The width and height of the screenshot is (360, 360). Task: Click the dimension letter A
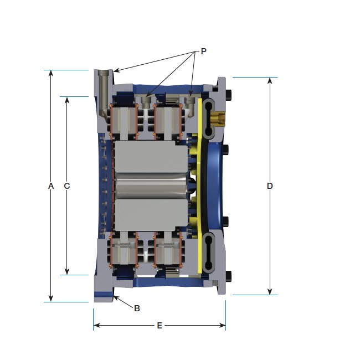coord(51,186)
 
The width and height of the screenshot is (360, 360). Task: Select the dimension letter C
coord(67,186)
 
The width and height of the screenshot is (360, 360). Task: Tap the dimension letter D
coord(270,186)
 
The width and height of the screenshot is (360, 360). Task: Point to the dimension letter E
coord(160,325)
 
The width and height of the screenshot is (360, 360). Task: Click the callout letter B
coord(137,308)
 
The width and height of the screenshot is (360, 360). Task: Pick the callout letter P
coord(203,51)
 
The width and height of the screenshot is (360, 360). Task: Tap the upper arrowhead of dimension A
coord(51,73)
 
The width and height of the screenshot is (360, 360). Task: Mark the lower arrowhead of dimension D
coord(270,291)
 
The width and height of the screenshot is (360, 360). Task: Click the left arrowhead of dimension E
coord(97,325)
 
